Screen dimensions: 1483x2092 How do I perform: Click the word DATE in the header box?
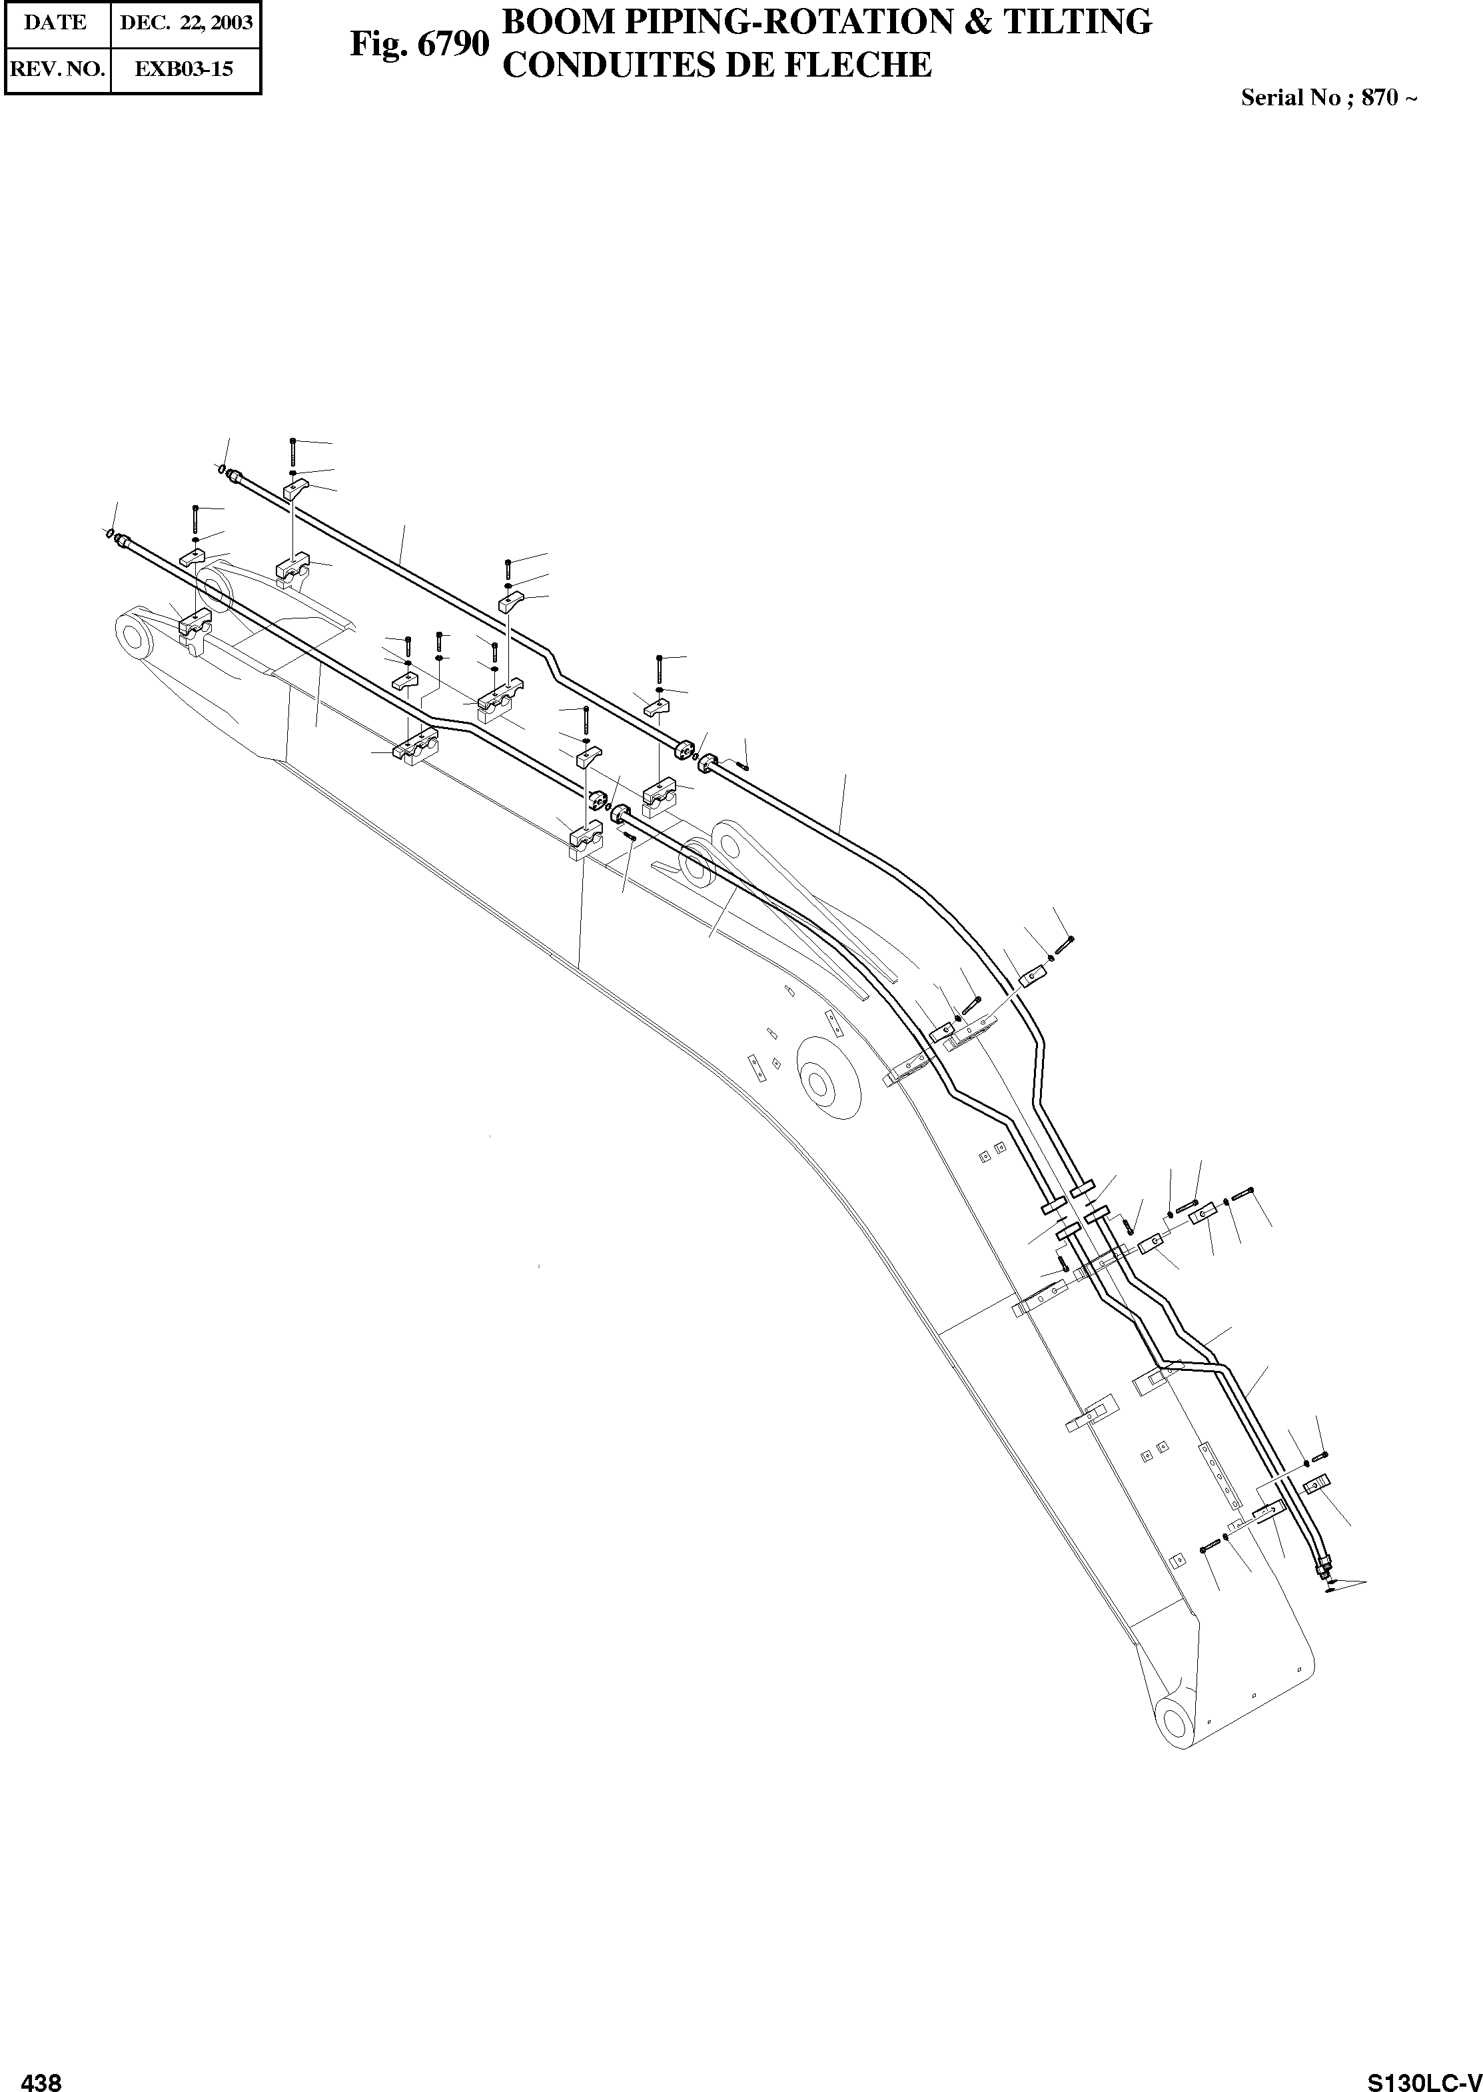(55, 23)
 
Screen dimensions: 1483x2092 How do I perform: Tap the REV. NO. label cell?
(57, 69)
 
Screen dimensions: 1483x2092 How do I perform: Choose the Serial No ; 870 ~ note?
(1328, 98)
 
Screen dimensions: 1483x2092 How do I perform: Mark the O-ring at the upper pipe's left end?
(222, 470)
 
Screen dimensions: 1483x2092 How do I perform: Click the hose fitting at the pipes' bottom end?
(1324, 1569)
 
